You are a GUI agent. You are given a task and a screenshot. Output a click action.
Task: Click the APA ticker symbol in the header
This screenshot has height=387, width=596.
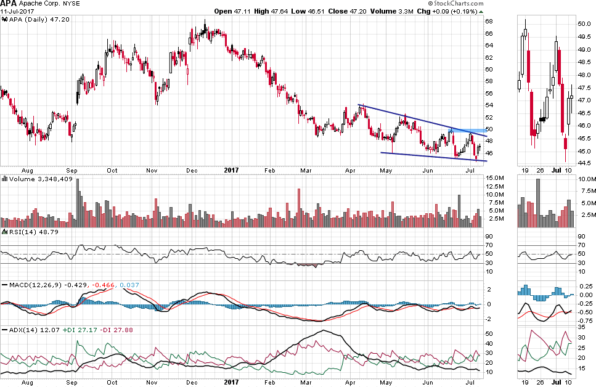click(9, 4)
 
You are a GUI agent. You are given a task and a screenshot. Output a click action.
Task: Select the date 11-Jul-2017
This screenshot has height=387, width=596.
click(17, 11)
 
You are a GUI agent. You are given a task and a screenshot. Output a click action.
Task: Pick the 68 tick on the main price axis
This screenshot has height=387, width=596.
click(488, 22)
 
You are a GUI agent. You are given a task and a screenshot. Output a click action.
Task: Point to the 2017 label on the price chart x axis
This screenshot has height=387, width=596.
click(231, 170)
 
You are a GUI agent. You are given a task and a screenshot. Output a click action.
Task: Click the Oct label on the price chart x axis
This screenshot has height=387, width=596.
click(112, 170)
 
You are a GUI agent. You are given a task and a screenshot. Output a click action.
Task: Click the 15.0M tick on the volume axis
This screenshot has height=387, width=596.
click(496, 178)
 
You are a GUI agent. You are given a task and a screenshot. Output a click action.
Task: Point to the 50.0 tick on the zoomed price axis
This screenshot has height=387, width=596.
click(584, 23)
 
